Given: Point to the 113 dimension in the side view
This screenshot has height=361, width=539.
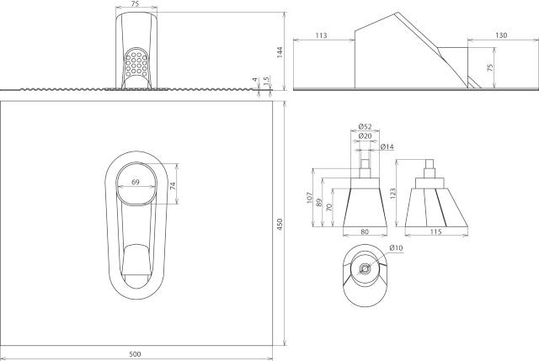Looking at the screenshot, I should point(321,36).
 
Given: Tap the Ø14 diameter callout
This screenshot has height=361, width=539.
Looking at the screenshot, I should point(387,147).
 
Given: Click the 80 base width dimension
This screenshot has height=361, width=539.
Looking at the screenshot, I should point(364,233).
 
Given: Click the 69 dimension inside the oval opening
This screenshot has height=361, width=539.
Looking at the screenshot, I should point(135,182).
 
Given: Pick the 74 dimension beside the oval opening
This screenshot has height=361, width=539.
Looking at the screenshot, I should point(173,186).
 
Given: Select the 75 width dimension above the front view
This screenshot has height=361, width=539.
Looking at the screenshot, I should point(136,4).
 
